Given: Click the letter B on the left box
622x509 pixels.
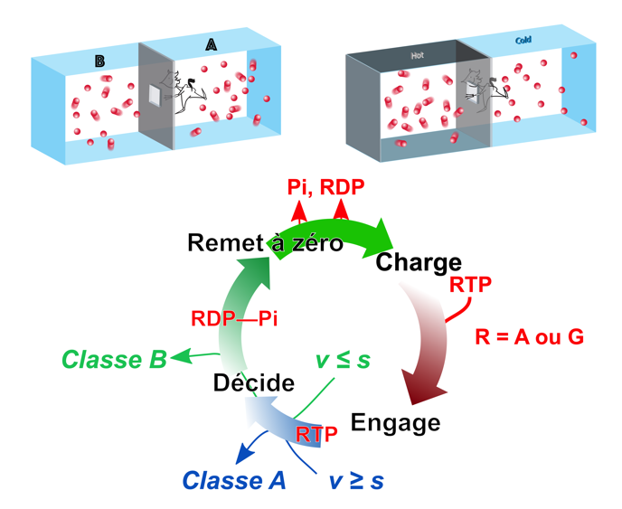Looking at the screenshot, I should (x=100, y=61).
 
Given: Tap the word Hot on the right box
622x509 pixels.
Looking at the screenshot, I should (x=417, y=55).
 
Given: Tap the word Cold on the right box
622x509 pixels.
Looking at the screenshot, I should (x=523, y=42).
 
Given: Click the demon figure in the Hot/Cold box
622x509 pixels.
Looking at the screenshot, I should (x=480, y=88).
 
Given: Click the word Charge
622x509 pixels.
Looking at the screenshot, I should (x=418, y=263).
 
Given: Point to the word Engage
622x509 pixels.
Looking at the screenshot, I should (x=395, y=422).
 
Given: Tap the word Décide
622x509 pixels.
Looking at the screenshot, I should (x=254, y=382).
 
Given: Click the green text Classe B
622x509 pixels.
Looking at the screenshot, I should (x=114, y=358).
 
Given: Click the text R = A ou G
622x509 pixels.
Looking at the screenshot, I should (x=529, y=337).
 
